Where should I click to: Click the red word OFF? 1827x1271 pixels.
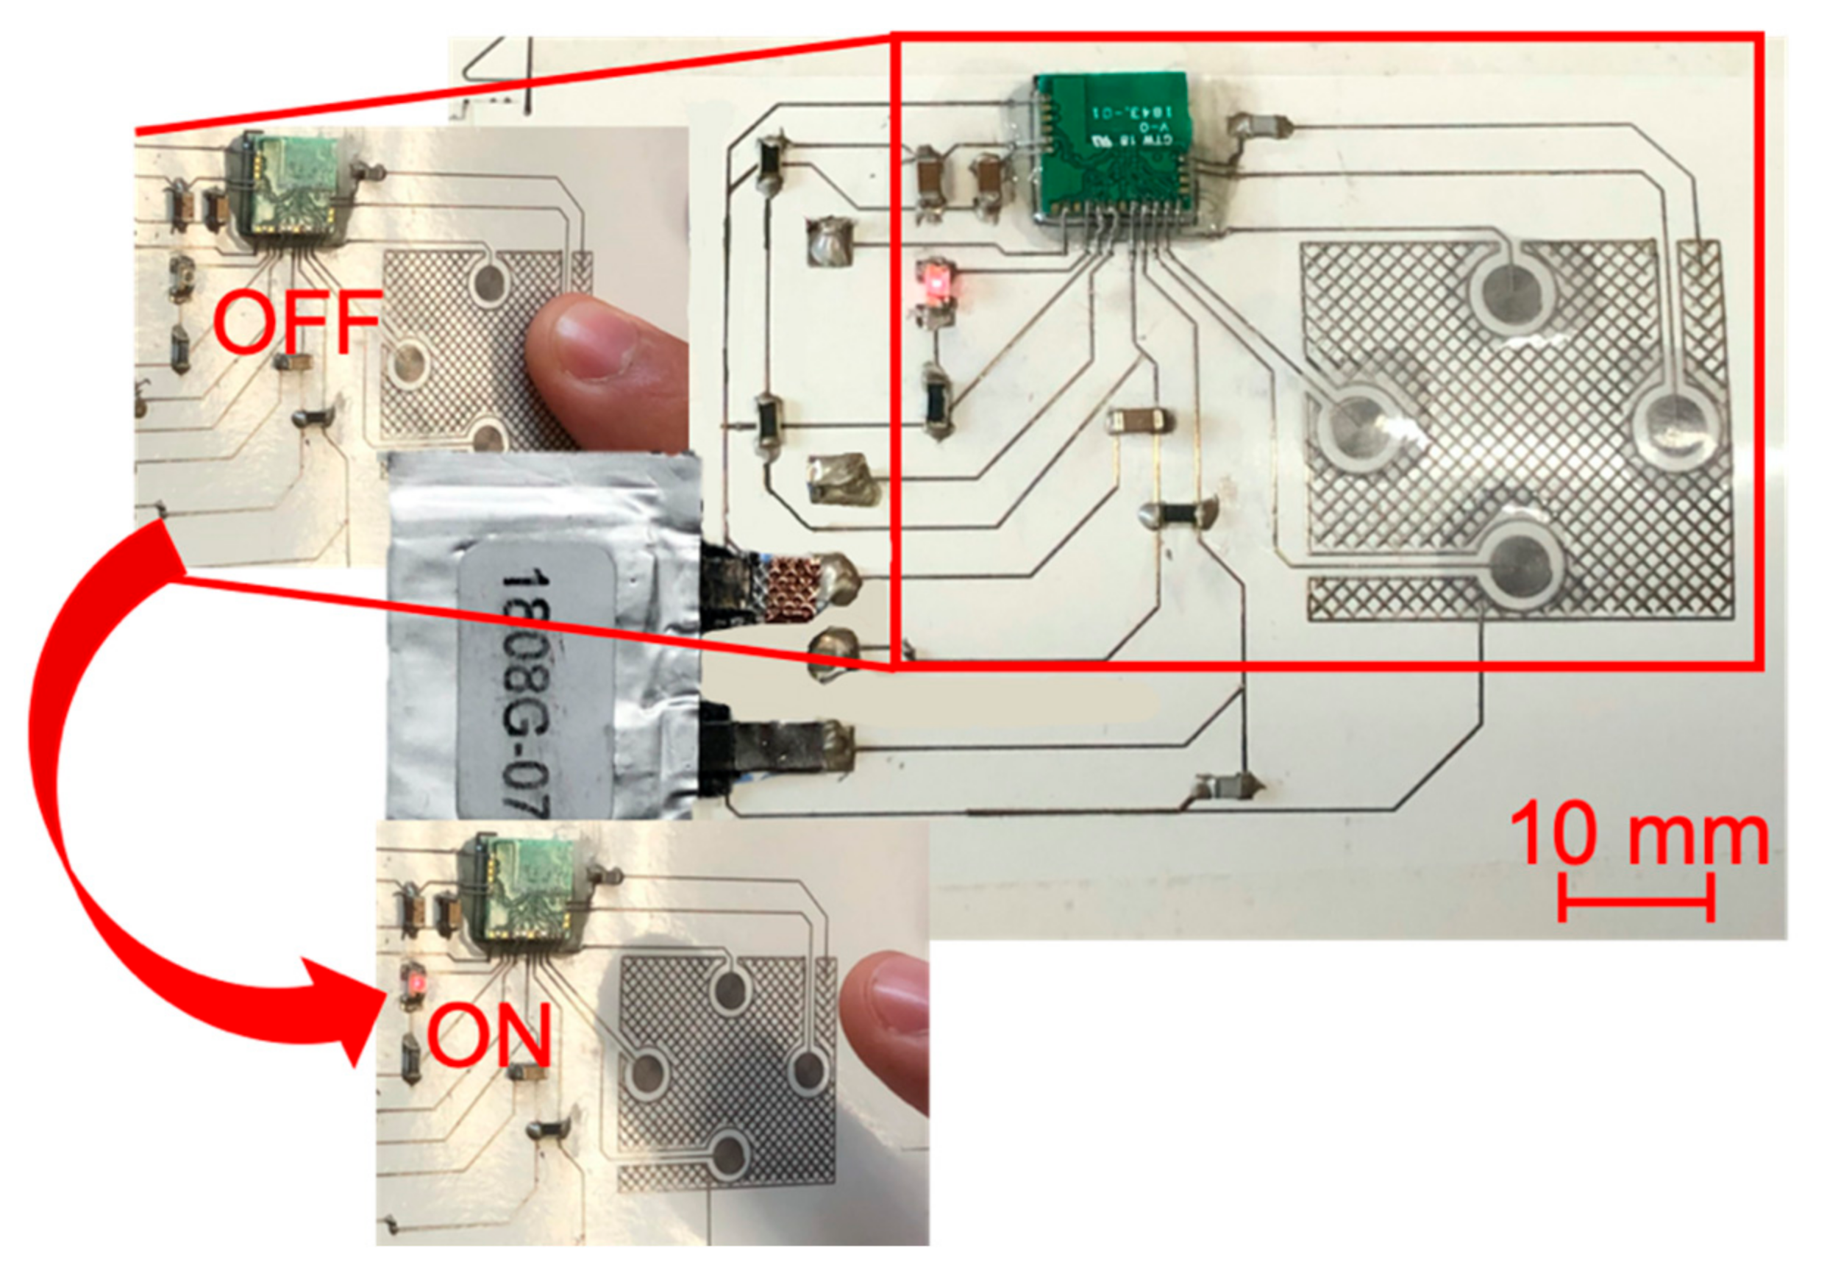pos(296,321)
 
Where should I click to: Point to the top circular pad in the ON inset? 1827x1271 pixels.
pos(731,988)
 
